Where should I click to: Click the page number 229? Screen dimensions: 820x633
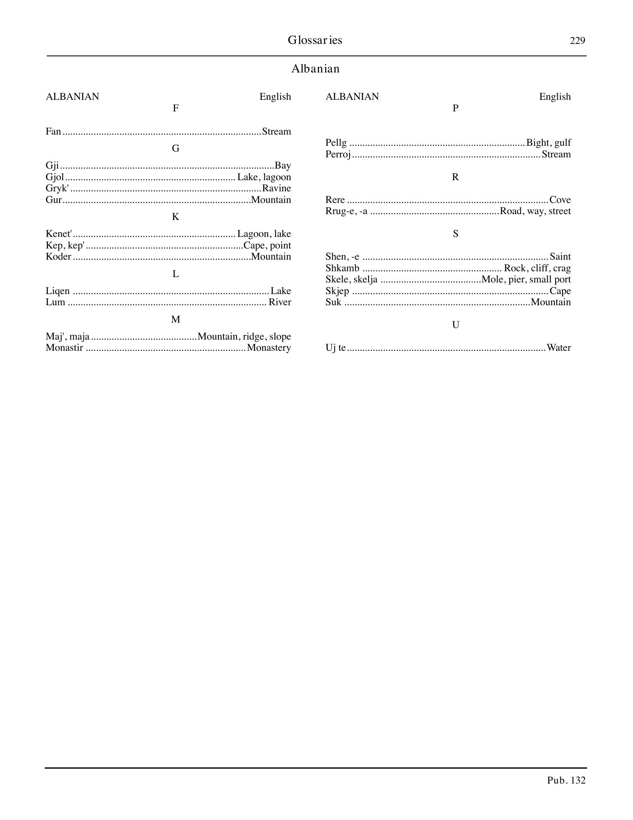point(577,41)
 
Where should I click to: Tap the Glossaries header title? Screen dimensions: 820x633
point(315,40)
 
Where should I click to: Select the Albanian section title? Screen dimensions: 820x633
point(315,69)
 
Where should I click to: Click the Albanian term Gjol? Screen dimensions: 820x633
point(55,177)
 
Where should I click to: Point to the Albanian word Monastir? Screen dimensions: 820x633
point(64,348)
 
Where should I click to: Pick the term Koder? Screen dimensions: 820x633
point(58,257)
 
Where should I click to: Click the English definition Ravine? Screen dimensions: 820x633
point(277,188)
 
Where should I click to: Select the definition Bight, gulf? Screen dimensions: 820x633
point(548,143)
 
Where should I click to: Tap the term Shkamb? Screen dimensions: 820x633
point(342,268)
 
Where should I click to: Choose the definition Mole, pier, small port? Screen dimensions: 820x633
point(526,280)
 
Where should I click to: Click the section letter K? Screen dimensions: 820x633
point(175,217)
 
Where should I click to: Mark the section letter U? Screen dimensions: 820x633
point(456,325)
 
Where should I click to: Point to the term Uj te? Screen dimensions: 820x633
point(335,348)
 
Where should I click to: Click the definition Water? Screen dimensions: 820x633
point(559,348)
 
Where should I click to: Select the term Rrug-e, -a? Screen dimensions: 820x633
point(346,211)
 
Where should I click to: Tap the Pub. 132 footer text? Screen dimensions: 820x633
point(566,781)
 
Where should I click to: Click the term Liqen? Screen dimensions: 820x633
point(58,291)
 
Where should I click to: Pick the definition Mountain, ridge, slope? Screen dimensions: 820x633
point(245,337)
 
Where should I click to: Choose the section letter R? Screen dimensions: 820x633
point(456,177)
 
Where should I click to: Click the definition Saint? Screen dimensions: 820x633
point(560,257)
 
